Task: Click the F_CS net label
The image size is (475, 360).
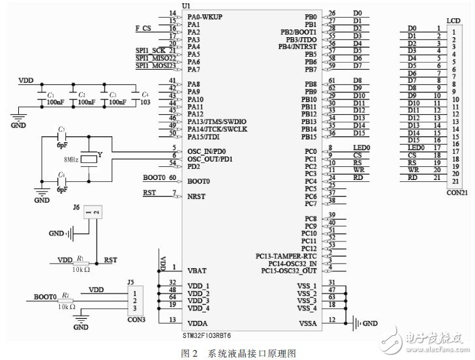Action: pos(143,29)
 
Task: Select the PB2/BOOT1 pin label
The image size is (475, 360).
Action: pos(298,32)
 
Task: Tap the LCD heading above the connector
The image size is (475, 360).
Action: pos(453,22)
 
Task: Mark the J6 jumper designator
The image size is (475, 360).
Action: pos(76,208)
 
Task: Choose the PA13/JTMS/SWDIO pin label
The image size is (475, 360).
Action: pos(216,121)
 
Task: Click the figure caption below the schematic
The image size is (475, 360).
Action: pos(237,352)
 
